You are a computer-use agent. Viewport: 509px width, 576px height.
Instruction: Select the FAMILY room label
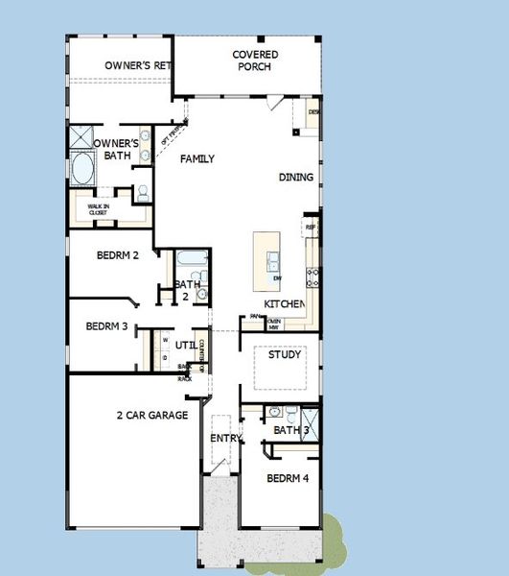pos(197,159)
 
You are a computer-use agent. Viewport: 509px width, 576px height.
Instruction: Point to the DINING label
pos(295,178)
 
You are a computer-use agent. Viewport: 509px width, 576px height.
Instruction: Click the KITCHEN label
pos(285,304)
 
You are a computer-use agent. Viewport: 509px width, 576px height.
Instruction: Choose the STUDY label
pos(285,355)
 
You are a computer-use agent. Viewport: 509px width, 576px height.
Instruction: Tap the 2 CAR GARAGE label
pos(151,416)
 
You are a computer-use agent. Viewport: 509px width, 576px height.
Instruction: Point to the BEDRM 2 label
pos(119,256)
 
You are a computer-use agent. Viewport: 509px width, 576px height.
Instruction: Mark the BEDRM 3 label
pos(106,326)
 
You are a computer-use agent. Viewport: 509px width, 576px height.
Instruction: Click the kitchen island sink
pos(273,258)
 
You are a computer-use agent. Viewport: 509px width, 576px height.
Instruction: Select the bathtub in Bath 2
pos(188,260)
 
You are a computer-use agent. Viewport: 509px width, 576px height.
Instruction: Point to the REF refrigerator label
pos(311,228)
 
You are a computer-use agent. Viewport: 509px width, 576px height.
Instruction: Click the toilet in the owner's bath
pos(142,192)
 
